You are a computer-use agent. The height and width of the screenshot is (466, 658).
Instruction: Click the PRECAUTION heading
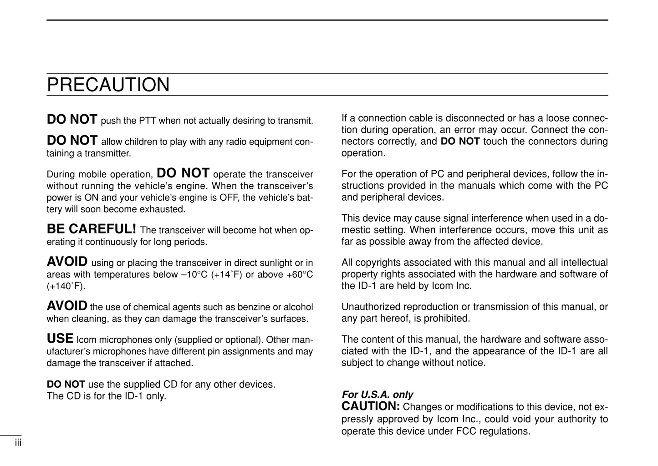point(108,85)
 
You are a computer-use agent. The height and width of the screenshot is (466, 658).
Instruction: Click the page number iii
point(18,443)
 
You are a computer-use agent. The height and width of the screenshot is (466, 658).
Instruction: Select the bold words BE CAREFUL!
point(92,228)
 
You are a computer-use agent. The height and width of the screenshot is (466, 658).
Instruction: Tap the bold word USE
point(60,339)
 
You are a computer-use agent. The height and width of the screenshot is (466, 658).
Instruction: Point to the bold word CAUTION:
point(371,406)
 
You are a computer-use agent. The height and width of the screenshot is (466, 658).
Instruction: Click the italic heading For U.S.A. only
point(377,395)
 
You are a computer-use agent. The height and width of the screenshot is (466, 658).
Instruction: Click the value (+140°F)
point(66,286)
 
